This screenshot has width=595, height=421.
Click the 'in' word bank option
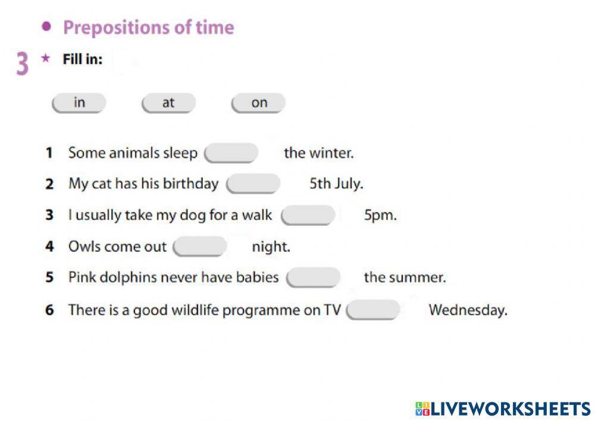point(79,103)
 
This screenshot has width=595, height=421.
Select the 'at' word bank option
point(168,103)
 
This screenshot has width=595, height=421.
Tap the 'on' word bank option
point(259,103)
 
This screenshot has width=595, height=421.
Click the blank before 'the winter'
point(231,153)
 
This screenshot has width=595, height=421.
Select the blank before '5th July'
point(253,184)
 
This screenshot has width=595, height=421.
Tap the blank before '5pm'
point(308,216)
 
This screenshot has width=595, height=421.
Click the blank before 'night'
point(200,247)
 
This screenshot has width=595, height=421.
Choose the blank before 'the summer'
point(314,277)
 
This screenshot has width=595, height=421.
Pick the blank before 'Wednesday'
point(373,310)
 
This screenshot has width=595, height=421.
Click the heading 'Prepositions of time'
point(149,27)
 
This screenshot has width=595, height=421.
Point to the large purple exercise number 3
point(22,64)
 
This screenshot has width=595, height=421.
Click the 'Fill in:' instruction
point(83,60)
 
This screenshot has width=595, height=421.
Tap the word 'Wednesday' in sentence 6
point(468,310)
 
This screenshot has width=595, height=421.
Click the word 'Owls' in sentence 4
point(84,247)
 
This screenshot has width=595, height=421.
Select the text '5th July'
point(336,184)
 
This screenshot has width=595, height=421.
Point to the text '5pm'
point(380,216)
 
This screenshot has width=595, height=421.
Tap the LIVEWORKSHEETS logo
point(503,408)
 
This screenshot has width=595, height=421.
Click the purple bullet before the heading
point(46,26)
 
